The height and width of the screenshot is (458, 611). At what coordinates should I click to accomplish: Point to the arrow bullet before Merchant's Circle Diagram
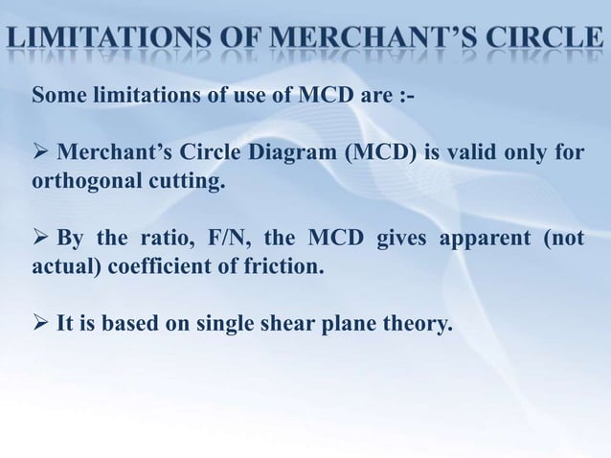[40, 153]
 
